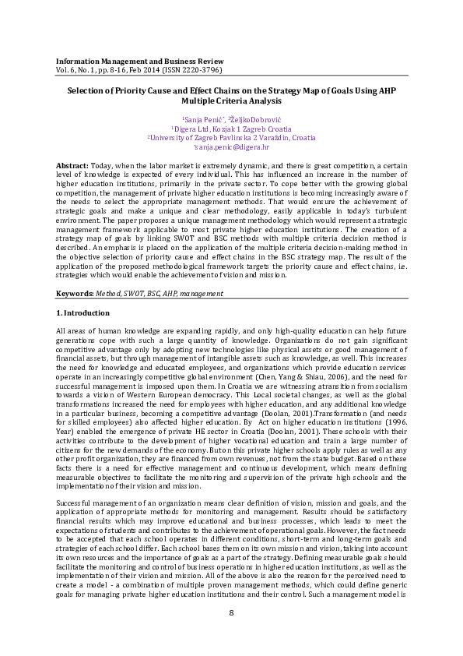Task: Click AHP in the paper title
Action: pos(383,91)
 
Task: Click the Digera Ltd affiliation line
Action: pos(231,127)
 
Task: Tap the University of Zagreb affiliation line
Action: pos(231,137)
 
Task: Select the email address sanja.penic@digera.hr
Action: pos(233,146)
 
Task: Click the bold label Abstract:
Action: pos(72,168)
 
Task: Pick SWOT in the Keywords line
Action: pos(134,294)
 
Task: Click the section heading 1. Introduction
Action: pos(83,313)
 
